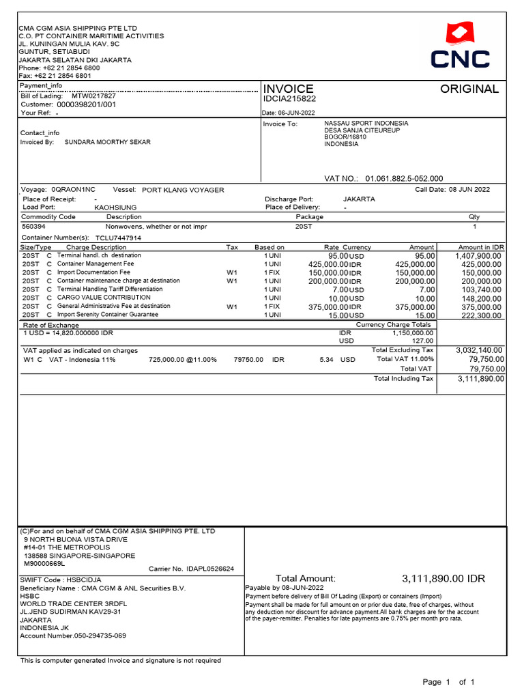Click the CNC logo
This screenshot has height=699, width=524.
click(460, 46)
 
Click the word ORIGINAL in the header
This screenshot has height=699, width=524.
click(469, 89)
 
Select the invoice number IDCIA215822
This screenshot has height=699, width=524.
click(289, 99)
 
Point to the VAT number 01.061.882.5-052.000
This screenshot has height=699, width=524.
click(404, 178)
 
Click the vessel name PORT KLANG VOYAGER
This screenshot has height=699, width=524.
click(183, 190)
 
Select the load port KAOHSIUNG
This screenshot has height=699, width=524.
click(115, 207)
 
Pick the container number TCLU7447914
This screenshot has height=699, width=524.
click(118, 238)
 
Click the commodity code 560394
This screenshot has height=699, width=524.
click(34, 226)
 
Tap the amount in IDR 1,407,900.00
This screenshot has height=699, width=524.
click(478, 255)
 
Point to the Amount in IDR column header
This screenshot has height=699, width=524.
click(481, 247)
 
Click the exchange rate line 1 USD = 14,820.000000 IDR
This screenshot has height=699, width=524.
click(68, 332)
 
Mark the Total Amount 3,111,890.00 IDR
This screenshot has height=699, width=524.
click(443, 579)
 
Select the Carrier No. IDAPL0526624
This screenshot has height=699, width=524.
click(191, 568)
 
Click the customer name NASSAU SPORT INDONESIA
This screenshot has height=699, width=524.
click(366, 124)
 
